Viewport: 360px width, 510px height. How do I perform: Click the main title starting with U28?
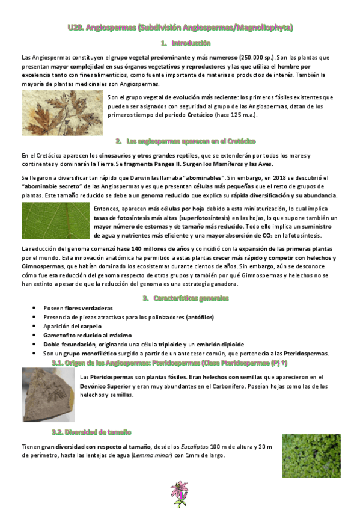click(x=180, y=28)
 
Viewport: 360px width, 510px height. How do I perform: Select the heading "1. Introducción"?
click(x=186, y=43)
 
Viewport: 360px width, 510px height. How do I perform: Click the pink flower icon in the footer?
click(x=179, y=493)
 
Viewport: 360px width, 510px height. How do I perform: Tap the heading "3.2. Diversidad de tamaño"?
click(x=92, y=432)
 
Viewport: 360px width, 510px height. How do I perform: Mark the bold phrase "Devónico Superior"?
click(x=109, y=386)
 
